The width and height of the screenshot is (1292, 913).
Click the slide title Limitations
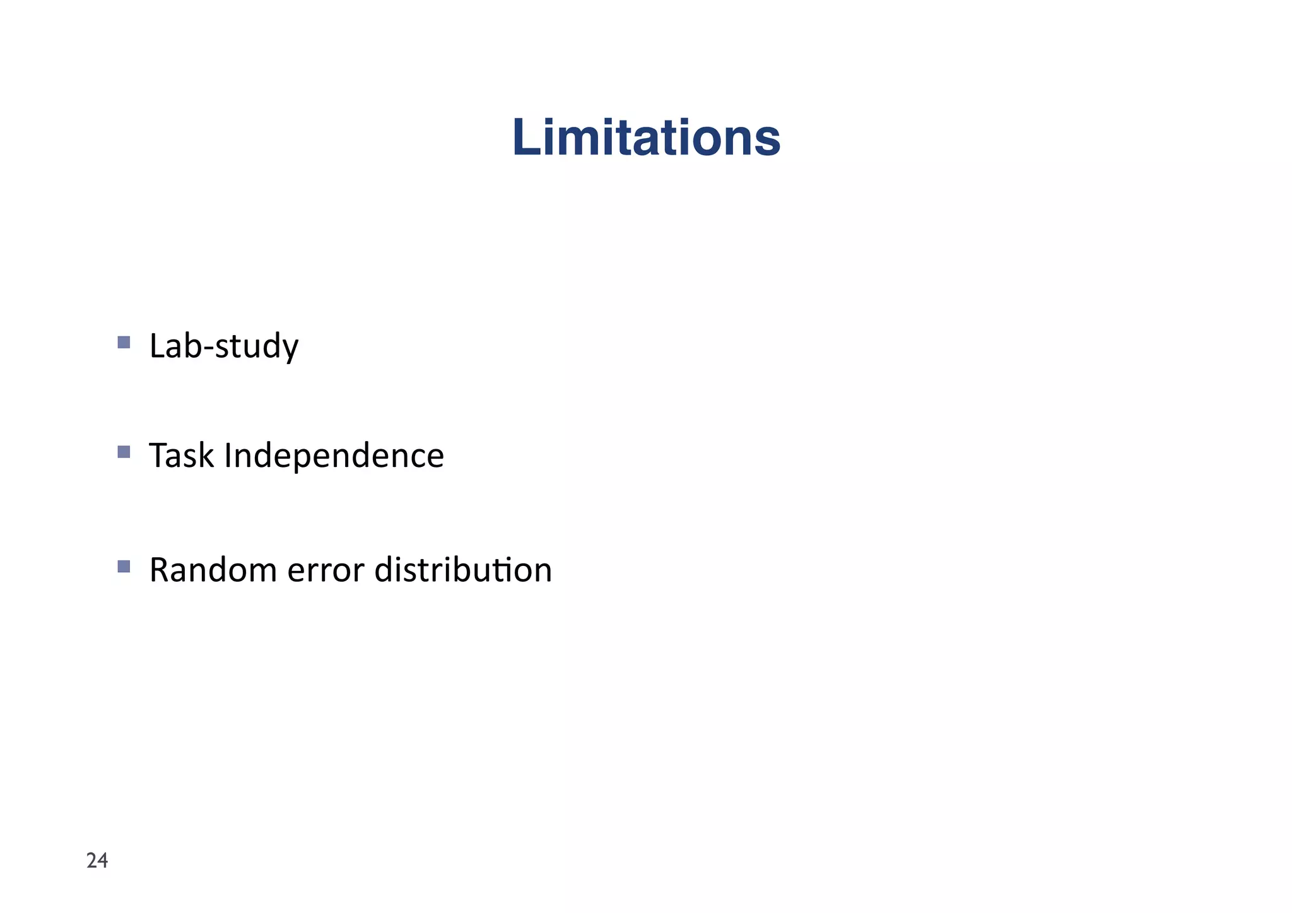646,138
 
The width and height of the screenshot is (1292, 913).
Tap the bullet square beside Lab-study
124,343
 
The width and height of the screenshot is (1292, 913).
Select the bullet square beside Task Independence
124,452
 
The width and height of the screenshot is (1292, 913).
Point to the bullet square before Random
124,566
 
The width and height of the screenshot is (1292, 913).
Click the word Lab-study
223,346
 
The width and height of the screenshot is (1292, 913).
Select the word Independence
334,456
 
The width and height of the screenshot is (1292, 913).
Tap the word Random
212,570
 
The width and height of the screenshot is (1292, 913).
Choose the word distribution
463,570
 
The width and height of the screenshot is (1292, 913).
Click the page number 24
97,861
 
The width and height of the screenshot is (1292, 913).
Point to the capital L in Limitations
525,138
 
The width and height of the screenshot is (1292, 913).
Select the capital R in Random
160,570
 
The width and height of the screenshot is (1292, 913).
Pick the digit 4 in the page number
103,861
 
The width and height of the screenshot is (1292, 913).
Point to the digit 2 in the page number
91,861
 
